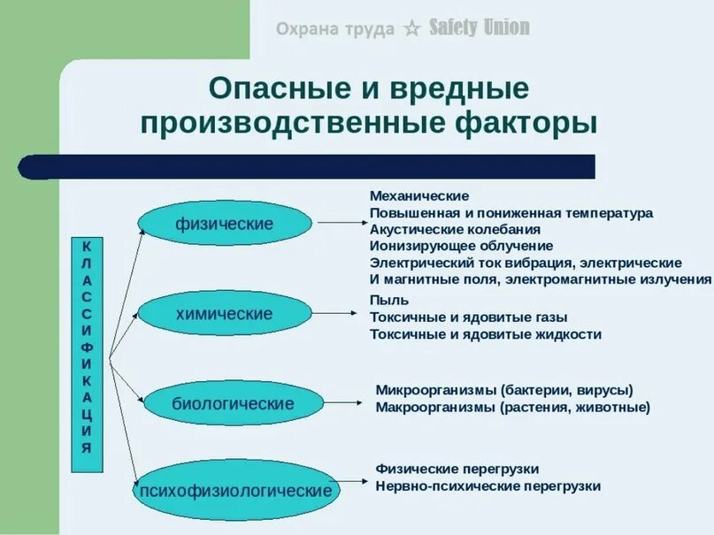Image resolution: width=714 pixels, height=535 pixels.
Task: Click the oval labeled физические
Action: (x=225, y=224)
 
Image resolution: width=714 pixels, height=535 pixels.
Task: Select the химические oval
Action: (x=225, y=314)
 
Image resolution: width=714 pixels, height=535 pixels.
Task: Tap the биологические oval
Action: (x=233, y=403)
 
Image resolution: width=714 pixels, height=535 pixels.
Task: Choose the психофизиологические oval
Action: (x=234, y=490)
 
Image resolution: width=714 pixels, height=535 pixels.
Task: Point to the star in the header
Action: (x=411, y=29)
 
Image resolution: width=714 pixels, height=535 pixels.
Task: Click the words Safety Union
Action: (x=480, y=28)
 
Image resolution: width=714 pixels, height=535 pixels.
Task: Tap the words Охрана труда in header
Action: (x=334, y=29)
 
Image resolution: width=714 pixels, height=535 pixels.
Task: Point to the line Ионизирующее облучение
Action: (x=461, y=246)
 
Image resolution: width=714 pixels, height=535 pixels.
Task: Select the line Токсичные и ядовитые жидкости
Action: (x=486, y=334)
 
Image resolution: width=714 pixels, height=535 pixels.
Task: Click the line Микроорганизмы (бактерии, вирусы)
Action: (x=504, y=390)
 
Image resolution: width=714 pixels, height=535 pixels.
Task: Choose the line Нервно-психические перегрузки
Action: (x=488, y=485)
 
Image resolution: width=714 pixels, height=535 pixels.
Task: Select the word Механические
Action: (x=418, y=195)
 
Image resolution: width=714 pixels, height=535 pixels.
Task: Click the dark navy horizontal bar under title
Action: (x=306, y=166)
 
